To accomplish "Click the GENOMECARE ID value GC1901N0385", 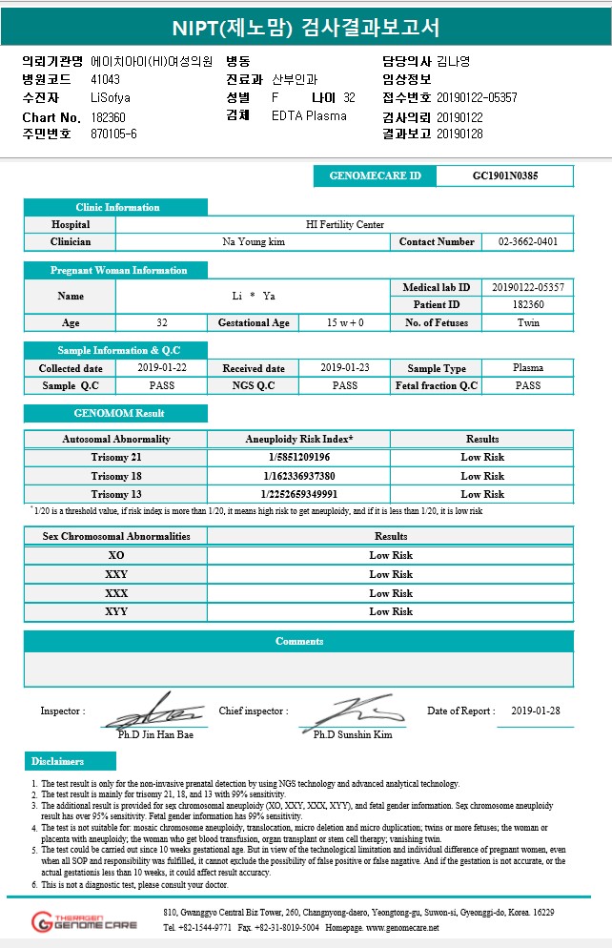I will (x=504, y=176).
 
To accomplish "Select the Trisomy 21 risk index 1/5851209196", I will (x=298, y=457).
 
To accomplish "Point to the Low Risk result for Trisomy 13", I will (x=482, y=494).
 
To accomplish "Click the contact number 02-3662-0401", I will (x=527, y=242).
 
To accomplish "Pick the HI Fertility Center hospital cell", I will (x=344, y=225).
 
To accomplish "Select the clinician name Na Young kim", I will (x=254, y=242).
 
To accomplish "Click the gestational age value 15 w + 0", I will (x=344, y=323).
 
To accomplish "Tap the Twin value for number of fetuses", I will (x=527, y=323).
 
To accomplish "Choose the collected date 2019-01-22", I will (x=162, y=368).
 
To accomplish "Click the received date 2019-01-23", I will (x=344, y=368).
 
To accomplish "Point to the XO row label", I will (x=116, y=555).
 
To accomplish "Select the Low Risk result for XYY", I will (x=391, y=611).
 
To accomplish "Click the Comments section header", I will (x=298, y=641).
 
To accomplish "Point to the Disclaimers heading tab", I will (x=58, y=761).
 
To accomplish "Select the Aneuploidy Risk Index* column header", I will (x=298, y=439).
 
